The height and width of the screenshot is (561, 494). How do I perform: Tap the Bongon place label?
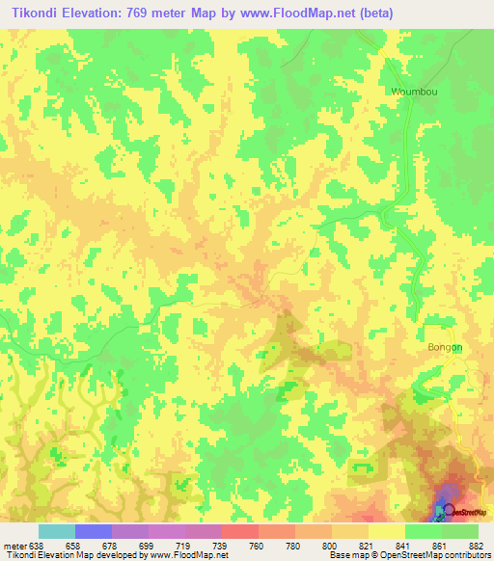(445, 347)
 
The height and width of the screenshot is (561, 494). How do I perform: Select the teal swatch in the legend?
(57, 531)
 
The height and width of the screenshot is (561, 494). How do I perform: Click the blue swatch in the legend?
(94, 531)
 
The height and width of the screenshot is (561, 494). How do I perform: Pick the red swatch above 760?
(240, 531)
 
